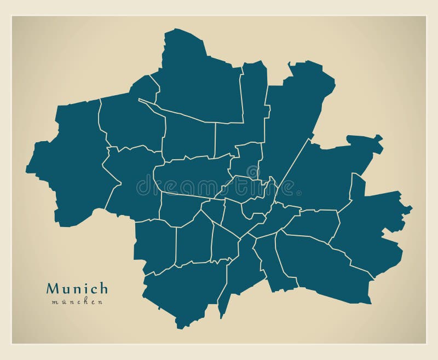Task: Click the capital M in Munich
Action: pyautogui.click(x=53, y=288)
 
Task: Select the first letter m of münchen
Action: pyautogui.click(x=55, y=302)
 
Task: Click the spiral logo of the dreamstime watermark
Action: pyautogui.click(x=252, y=172)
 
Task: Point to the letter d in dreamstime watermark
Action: pyautogui.click(x=142, y=187)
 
